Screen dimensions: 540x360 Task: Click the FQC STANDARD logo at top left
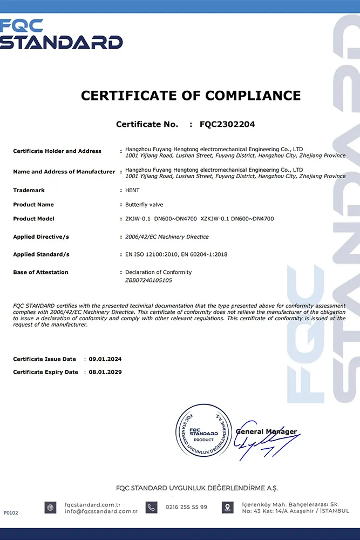60,35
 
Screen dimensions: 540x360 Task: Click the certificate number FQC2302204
227,124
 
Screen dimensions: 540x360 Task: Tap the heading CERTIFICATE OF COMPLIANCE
191,96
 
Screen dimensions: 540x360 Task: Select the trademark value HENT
132,191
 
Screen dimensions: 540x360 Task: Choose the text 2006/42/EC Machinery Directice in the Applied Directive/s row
167,237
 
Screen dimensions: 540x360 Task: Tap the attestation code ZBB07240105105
149,280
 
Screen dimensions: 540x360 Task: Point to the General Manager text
266,431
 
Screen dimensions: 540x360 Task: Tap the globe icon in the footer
50,508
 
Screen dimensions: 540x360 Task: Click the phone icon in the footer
152,508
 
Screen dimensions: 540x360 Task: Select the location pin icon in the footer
227,508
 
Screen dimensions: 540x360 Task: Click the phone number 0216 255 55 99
186,508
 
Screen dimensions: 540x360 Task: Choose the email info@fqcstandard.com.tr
101,511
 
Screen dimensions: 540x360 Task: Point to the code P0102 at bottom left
11,512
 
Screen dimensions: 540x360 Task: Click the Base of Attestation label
40,272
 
